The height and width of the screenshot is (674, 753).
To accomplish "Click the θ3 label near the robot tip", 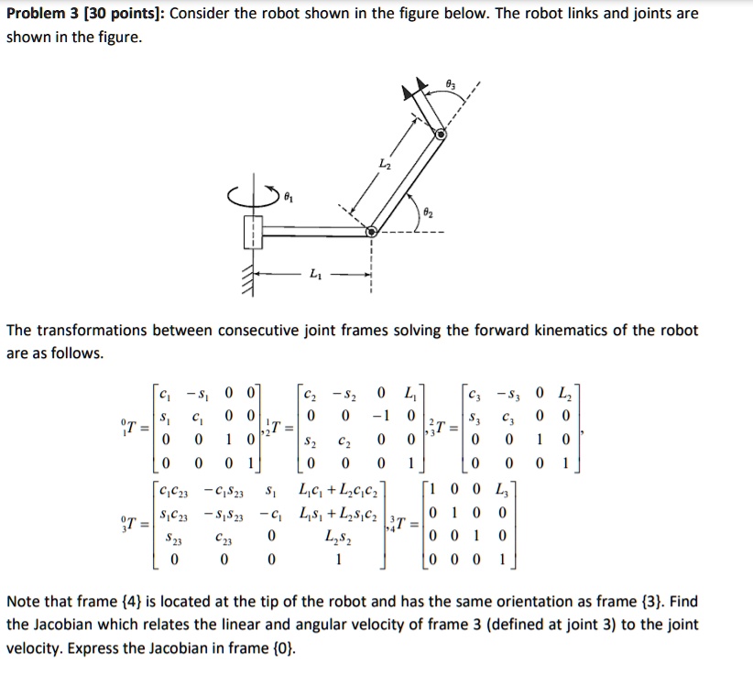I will coord(448,83).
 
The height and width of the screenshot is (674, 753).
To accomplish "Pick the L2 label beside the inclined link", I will coord(384,162).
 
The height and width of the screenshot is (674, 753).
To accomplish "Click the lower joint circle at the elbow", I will coord(371,233).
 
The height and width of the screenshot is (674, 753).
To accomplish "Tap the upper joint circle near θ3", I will coord(441,134).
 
